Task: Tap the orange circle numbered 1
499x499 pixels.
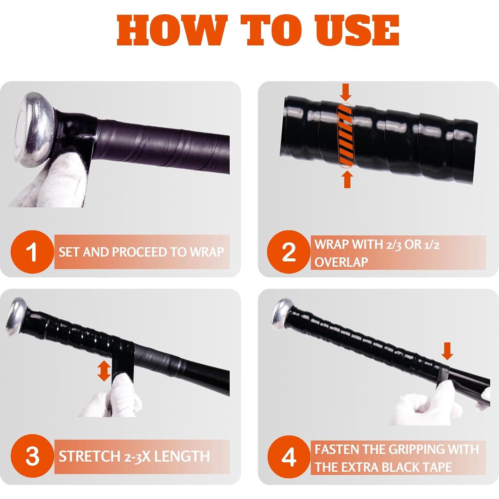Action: (x=32, y=252)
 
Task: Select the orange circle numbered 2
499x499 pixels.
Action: (x=289, y=252)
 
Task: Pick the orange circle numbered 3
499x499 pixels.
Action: (x=32, y=456)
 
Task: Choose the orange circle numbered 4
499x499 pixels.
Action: (x=289, y=457)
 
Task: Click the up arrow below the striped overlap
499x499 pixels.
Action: (x=347, y=179)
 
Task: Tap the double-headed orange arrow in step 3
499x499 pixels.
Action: (x=104, y=370)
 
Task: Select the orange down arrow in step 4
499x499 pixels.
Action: (x=447, y=351)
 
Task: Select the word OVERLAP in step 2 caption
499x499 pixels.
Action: (x=341, y=262)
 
